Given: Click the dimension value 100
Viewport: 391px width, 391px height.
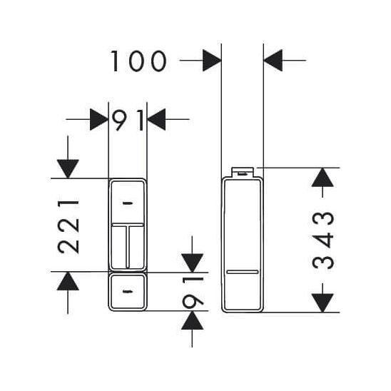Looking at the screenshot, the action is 138,61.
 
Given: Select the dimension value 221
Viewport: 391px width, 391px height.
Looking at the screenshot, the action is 68,227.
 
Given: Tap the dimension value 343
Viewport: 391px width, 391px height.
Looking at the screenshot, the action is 323,240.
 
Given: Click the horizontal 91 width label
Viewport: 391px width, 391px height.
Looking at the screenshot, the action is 128,121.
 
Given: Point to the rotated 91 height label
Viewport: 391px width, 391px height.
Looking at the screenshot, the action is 193,291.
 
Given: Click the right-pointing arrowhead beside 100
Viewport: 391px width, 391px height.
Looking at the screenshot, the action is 212,61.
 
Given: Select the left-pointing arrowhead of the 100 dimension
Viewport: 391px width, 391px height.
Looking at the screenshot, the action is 273,61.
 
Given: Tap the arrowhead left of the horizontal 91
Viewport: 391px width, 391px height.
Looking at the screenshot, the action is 99,119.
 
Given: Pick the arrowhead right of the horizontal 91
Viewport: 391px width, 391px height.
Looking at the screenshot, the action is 156,119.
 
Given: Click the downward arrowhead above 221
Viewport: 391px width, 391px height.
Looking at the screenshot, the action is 68,169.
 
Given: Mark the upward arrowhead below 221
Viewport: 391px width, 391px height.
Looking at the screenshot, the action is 68,281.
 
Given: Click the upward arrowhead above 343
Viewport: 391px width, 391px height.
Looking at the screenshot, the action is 323,177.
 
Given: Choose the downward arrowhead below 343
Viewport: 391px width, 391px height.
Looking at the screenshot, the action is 323,303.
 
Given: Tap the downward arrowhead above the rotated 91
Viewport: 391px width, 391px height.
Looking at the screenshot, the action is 192,263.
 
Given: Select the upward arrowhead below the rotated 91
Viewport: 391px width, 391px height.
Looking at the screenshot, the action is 192,320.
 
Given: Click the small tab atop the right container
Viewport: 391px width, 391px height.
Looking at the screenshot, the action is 243,172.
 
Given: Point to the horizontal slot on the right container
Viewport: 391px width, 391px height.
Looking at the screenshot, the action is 243,272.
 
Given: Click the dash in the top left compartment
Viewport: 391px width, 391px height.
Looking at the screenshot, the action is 128,203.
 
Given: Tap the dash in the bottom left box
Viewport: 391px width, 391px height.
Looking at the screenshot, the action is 128,291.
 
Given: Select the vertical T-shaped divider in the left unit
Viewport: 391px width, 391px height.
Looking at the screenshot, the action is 128,245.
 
